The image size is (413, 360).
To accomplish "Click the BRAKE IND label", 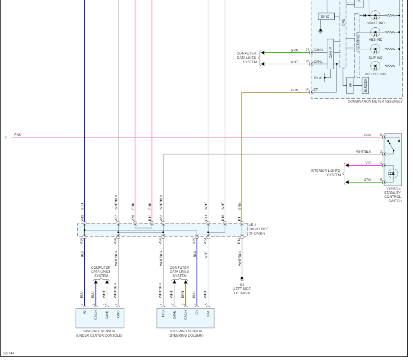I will tap(375, 23).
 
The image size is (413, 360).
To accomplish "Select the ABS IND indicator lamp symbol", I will tap(375, 32).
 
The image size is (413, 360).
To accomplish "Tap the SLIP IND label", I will tap(375, 58).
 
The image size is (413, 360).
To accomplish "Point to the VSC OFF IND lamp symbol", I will tap(375, 66).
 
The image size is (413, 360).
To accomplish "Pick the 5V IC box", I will tap(325, 16).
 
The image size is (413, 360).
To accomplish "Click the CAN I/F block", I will tap(330, 55).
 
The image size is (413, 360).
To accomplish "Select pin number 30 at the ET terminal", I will tap(307, 90).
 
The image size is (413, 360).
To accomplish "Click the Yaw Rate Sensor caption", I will tap(99, 333).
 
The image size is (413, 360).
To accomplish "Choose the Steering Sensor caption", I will tap(186, 333).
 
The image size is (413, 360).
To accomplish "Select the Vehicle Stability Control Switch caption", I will tap(393, 195).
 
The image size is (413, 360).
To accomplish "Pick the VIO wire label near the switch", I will tap(368, 163).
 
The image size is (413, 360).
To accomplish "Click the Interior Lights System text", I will tap(325, 173).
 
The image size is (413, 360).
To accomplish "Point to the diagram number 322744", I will tap(8, 354).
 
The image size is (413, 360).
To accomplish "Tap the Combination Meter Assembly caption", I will tap(375, 102).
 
